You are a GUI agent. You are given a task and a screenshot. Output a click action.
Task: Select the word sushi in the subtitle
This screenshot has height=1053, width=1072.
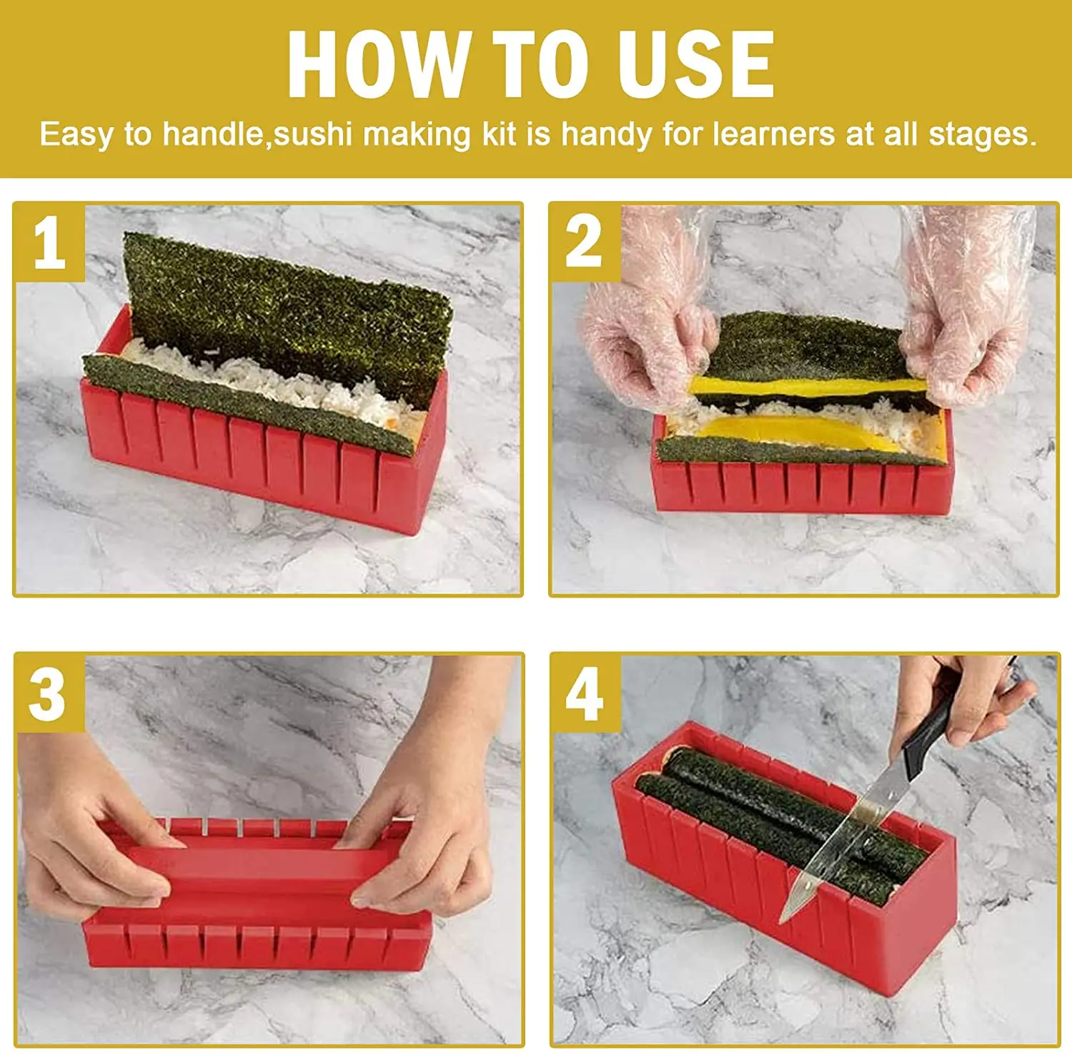[313, 134]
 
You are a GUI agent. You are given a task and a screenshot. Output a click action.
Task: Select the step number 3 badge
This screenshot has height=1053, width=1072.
[48, 694]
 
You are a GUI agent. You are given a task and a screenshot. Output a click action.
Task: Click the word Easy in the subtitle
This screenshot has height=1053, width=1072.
[74, 134]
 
